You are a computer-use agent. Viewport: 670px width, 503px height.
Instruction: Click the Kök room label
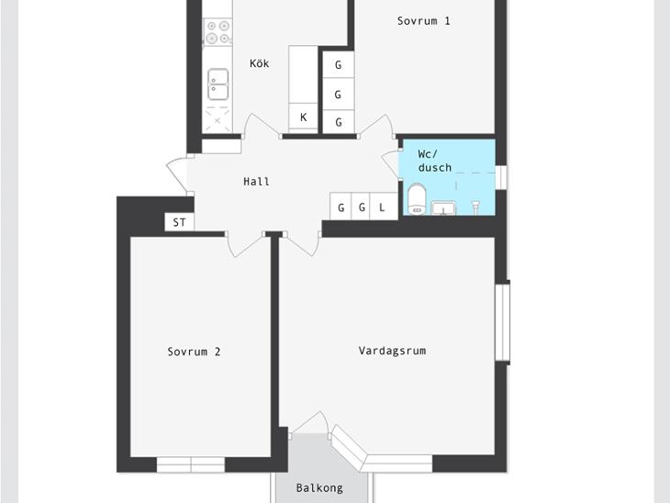pos(260,63)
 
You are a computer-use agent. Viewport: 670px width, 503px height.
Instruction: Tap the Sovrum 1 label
pos(423,21)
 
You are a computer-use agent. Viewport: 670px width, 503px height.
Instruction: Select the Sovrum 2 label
pos(194,352)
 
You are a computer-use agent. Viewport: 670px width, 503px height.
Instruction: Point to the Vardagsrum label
pos(392,351)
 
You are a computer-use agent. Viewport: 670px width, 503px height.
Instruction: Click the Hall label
pos(256,182)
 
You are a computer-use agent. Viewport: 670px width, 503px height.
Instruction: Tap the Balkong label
pos(319,488)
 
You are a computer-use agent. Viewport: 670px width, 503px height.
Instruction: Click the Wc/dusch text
pos(434,161)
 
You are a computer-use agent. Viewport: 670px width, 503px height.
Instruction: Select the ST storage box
pos(180,222)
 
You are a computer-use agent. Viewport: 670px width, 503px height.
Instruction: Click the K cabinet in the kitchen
pos(303,117)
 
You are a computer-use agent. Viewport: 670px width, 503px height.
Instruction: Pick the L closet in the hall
pos(384,207)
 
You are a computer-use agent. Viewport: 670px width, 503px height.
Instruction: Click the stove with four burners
pos(218,32)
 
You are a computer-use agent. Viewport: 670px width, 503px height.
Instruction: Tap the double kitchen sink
pos(218,84)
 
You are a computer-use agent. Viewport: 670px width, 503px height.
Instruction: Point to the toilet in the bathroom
pos(417,198)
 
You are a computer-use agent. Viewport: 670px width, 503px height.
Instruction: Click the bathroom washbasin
pos(443,208)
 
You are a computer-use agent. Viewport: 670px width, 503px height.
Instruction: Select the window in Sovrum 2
pos(191,464)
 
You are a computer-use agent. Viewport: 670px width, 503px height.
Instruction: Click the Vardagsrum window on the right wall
pos(503,323)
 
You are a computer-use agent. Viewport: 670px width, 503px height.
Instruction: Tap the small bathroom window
pos(501,177)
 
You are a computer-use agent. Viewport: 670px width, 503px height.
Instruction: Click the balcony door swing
pos(309,423)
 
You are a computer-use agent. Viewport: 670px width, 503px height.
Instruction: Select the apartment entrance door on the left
pos(176,174)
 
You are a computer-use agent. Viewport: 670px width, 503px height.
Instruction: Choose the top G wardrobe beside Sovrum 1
pos(338,64)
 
